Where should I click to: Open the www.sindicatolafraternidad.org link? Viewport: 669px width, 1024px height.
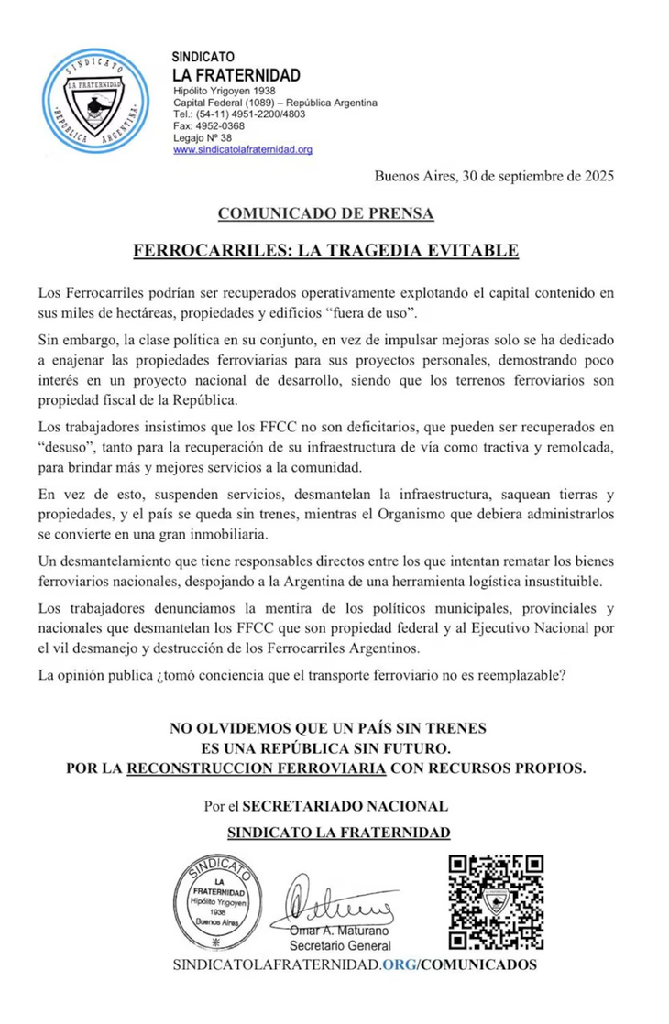tap(243, 149)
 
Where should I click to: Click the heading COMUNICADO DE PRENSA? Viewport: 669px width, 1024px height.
tap(325, 214)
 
